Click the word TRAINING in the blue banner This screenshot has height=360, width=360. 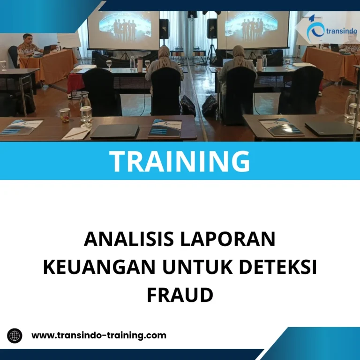(180, 161)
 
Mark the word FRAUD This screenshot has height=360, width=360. (180, 295)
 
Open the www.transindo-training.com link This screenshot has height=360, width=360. (98, 336)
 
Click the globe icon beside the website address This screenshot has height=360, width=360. (15, 336)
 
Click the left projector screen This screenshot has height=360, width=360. (123, 29)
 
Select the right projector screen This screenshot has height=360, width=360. (253, 29)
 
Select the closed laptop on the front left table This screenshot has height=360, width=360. (114, 131)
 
